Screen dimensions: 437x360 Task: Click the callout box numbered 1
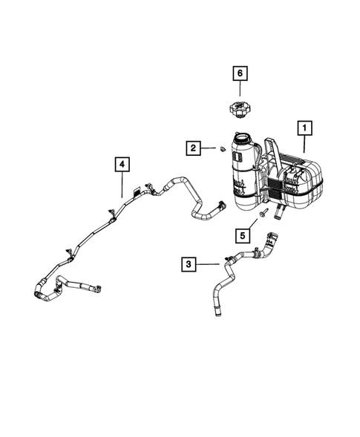pos(304,128)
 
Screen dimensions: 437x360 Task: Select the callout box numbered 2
pos(192,149)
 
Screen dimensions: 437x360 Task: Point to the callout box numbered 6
pos(240,73)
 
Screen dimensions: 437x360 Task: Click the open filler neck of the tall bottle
pos(243,137)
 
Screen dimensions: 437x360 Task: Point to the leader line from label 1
pos(304,145)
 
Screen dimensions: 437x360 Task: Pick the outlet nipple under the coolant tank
pos(279,214)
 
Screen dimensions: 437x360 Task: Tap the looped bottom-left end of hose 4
pos(39,292)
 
